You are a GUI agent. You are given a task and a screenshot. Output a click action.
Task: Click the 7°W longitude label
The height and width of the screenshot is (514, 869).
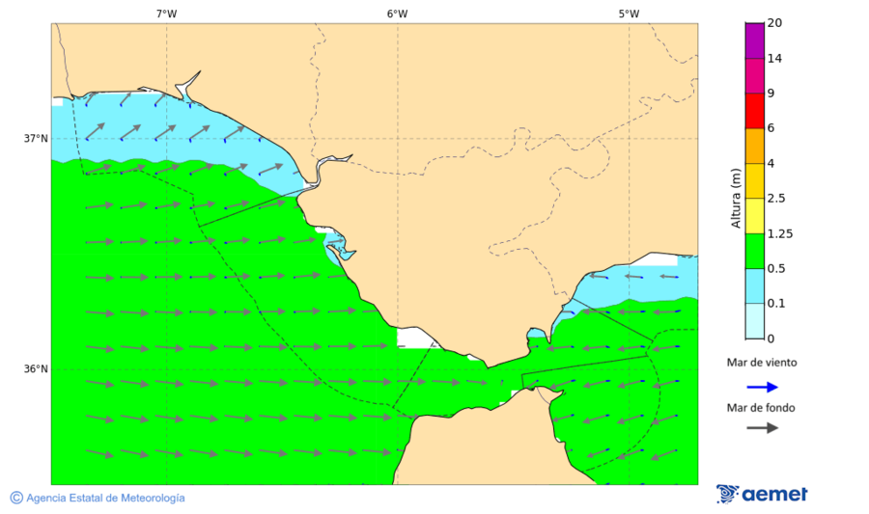(166, 14)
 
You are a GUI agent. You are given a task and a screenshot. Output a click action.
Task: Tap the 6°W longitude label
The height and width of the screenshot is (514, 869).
(397, 14)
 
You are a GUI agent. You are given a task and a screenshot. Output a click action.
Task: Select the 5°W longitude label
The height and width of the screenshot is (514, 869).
(629, 14)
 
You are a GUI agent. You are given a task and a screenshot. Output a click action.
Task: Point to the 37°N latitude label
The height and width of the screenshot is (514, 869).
(36, 138)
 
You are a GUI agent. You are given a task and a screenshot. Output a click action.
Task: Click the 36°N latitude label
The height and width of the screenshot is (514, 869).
(36, 368)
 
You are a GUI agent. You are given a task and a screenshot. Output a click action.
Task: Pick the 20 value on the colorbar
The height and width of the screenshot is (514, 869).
(774, 23)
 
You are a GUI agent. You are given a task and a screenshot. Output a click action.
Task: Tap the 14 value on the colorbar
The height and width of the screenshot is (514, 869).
(774, 58)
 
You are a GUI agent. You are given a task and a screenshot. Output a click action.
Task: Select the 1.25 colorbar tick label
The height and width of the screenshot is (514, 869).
(780, 233)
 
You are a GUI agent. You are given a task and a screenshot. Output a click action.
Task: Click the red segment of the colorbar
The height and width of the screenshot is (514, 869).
(754, 110)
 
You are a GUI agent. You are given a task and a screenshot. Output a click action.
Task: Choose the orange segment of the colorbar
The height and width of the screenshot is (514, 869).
(754, 146)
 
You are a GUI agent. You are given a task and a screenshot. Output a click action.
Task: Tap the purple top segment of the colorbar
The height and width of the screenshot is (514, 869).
(754, 40)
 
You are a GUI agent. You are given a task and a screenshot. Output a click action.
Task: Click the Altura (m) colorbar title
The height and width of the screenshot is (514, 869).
(736, 198)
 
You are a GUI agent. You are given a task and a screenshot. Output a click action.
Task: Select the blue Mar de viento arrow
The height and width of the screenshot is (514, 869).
(762, 387)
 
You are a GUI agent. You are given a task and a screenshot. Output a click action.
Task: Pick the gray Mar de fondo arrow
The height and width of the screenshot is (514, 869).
(762, 427)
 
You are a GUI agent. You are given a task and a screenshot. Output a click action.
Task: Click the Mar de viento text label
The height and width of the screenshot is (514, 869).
(762, 363)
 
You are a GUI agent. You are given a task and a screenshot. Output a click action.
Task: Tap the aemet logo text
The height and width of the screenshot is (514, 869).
(774, 495)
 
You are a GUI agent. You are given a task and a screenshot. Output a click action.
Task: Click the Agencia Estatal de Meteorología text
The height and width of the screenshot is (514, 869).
(105, 498)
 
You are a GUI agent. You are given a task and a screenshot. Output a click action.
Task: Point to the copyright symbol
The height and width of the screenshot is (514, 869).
(16, 498)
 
